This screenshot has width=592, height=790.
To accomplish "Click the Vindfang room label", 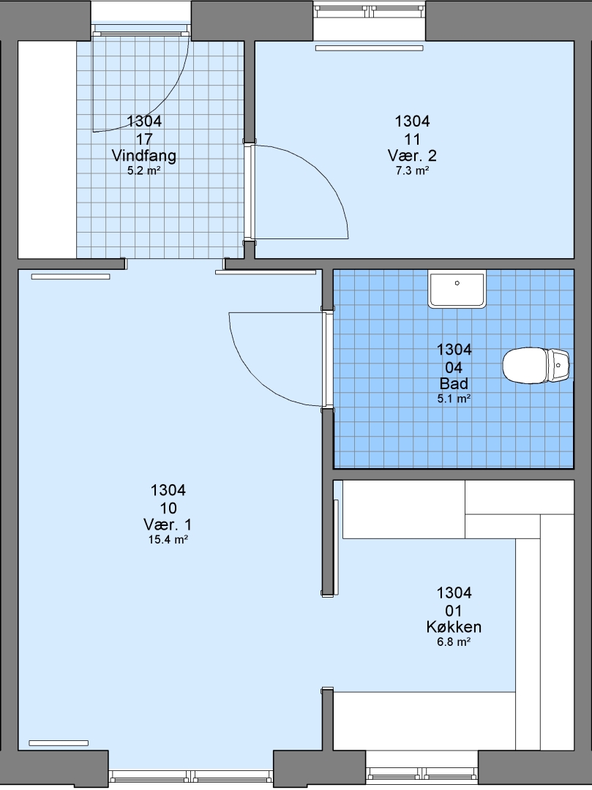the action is click(x=144, y=156).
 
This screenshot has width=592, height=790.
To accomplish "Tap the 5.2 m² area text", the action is click(x=144, y=170).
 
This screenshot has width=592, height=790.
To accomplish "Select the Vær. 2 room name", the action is click(x=412, y=156).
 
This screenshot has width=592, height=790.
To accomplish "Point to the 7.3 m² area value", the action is click(x=412, y=170).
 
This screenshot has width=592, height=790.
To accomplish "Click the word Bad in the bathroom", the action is click(x=454, y=384).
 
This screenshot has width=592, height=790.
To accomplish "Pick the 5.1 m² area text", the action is click(x=454, y=399).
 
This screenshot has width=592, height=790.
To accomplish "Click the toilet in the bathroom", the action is click(x=536, y=366).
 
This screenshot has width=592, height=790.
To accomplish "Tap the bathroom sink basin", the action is click(x=457, y=289).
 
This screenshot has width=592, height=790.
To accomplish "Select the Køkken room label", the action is click(x=454, y=628).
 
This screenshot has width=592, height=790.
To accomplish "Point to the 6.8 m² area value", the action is click(x=454, y=642).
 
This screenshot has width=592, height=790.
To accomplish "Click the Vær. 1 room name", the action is click(x=168, y=525).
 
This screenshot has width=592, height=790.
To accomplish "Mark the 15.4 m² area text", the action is click(x=168, y=540).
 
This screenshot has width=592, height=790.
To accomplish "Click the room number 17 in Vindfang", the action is click(x=144, y=139).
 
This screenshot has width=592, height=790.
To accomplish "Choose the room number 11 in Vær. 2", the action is click(x=412, y=139).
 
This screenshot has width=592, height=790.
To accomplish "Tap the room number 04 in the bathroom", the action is click(x=454, y=367).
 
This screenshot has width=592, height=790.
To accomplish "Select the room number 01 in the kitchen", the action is click(x=454, y=611).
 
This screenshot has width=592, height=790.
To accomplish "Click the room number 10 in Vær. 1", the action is click(x=168, y=508).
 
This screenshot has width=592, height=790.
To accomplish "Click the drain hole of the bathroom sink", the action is click(x=457, y=283).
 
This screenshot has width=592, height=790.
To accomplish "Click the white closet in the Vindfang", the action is click(x=47, y=150).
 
